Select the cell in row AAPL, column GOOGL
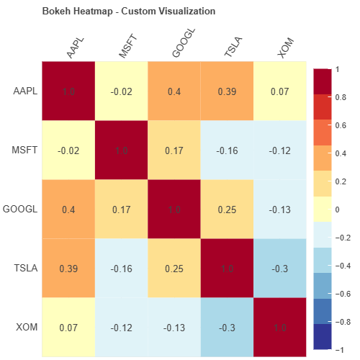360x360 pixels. pos(174,91)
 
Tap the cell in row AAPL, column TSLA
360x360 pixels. pos(228,91)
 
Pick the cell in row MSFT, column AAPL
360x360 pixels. pos(68,150)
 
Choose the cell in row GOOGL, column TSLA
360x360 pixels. pos(228,210)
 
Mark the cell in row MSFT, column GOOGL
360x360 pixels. pos(174,150)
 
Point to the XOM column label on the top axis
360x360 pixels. pos(285,49)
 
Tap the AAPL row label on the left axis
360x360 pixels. pos(26,91)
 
